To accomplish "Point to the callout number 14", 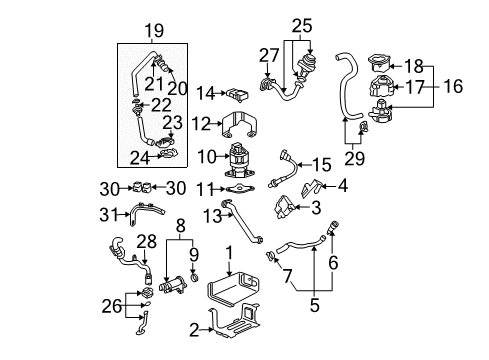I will click(206, 94).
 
